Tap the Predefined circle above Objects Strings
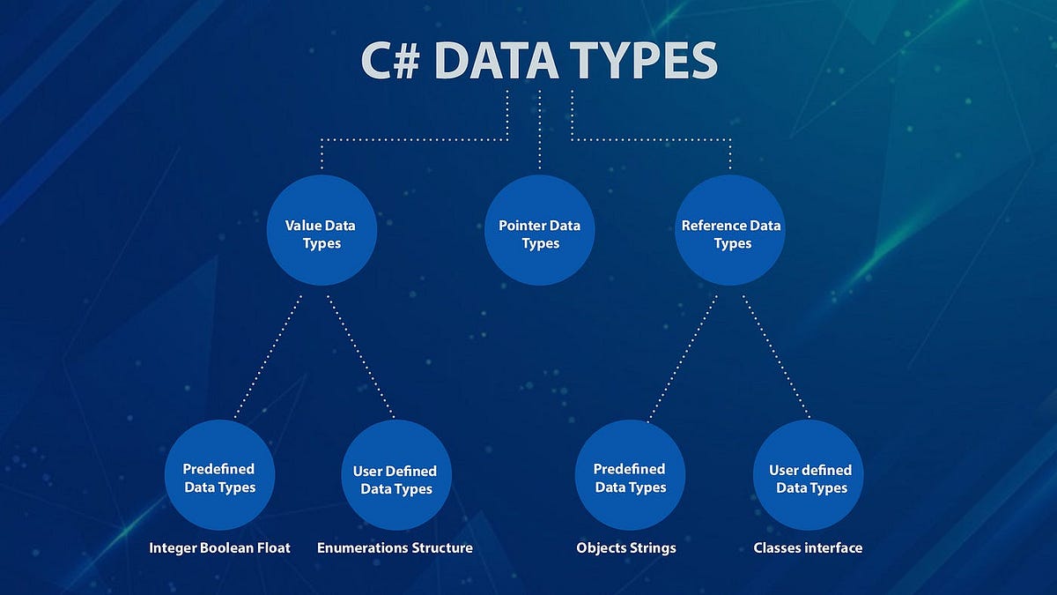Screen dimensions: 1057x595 [x=630, y=477]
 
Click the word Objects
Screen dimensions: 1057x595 [x=602, y=548]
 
